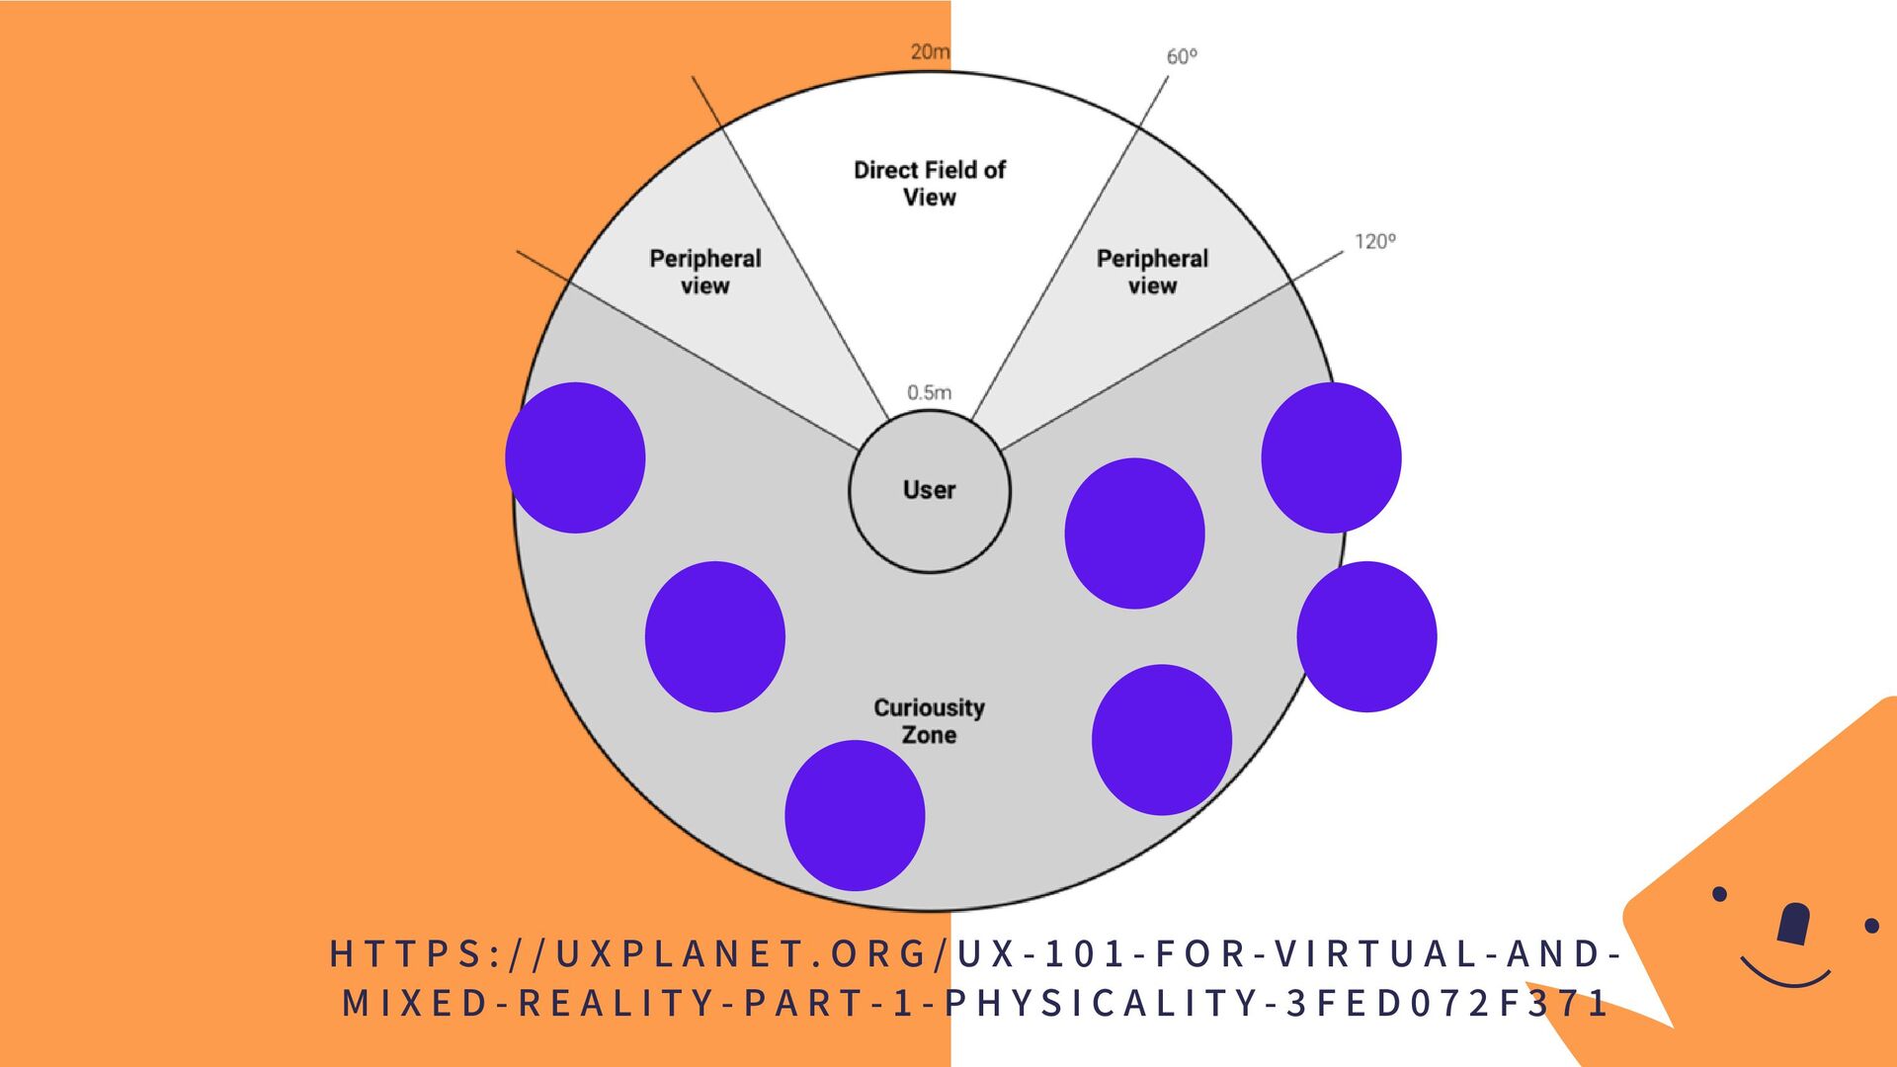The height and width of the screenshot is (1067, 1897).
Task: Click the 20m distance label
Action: point(930,51)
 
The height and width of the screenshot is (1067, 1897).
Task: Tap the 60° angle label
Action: point(1182,56)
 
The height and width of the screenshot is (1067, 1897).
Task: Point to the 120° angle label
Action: point(1374,241)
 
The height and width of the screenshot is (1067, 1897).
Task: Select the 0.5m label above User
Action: point(929,392)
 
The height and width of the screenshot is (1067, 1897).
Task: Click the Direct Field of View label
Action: point(929,184)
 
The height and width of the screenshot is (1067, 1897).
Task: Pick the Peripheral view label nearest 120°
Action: point(1152,272)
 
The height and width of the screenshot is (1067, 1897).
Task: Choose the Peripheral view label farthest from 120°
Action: point(704,272)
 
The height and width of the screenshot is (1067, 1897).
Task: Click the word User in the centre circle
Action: point(929,490)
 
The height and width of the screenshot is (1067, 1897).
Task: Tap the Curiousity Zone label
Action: point(929,721)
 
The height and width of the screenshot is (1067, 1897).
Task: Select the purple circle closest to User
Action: point(1134,533)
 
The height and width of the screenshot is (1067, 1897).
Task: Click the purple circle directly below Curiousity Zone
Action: point(855,815)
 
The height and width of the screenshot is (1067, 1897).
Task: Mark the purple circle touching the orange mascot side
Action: point(1366,636)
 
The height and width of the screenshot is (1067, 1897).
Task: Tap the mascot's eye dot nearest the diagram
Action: point(1719,894)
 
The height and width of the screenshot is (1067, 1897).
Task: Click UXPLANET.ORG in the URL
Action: point(741,954)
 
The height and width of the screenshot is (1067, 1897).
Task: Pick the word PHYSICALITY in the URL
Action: point(1107,1004)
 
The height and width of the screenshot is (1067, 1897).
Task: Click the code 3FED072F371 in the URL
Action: point(1446,1004)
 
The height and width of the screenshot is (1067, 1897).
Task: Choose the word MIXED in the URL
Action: point(415,1004)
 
